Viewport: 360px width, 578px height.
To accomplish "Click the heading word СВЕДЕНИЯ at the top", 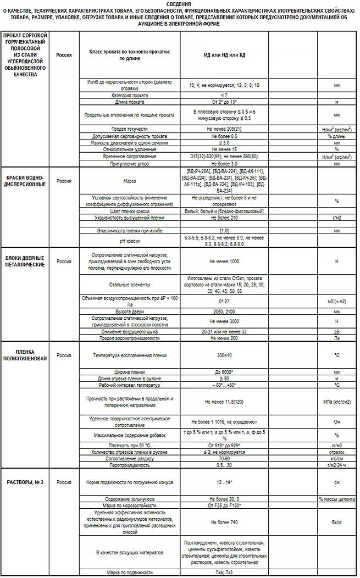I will (x=180, y=4).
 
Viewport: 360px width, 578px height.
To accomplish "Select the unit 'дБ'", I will (x=336, y=332).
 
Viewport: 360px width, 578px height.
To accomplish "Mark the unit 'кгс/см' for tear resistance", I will (x=336, y=458).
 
